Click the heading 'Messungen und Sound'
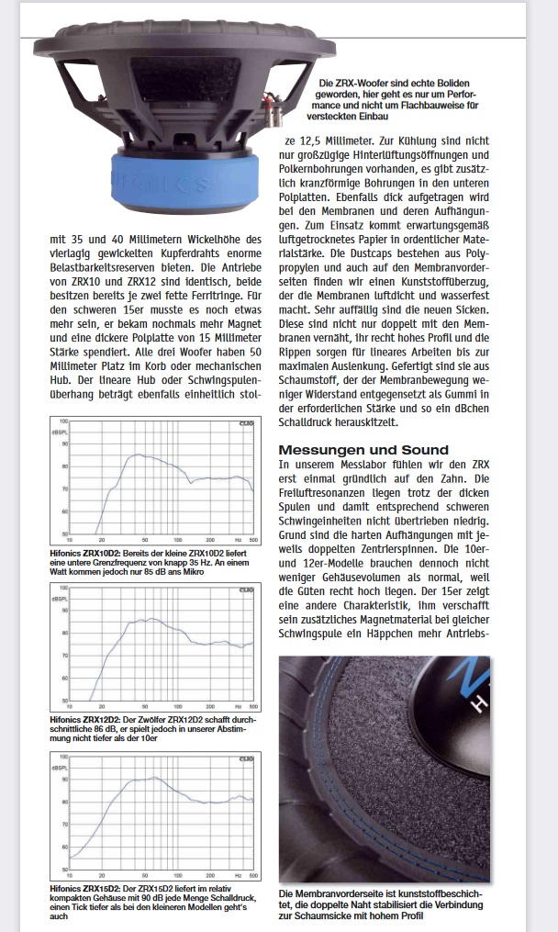363,449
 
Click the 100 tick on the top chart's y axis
62,421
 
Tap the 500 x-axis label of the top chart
252,541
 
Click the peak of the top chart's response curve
136,455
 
